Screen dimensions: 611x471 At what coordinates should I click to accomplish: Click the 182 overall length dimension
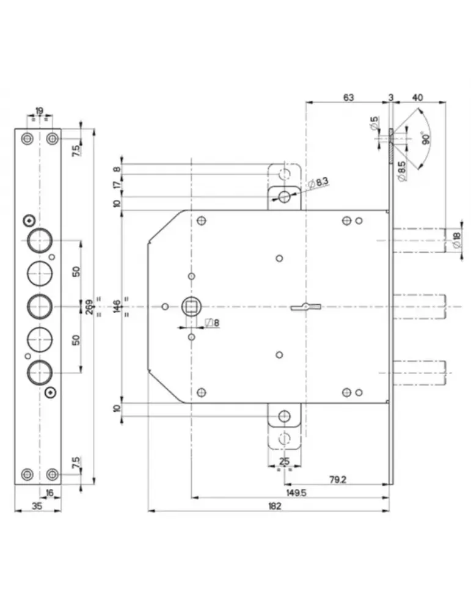pyautogui.click(x=274, y=505)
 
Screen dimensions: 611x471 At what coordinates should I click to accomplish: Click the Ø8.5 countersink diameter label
pyautogui.click(x=402, y=170)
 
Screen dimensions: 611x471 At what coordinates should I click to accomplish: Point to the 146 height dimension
pyautogui.click(x=117, y=305)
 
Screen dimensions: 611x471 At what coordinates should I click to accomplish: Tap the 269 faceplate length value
pyautogui.click(x=89, y=305)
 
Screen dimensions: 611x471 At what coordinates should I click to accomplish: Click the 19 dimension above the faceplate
pyautogui.click(x=39, y=111)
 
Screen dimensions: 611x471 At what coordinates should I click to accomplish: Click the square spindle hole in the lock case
pyautogui.click(x=192, y=305)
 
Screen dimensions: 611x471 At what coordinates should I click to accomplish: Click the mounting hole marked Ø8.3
pyautogui.click(x=284, y=196)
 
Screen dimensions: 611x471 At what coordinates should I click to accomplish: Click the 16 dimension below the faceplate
pyautogui.click(x=49, y=492)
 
